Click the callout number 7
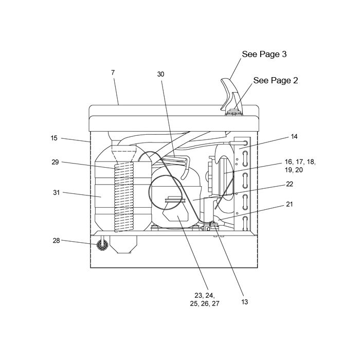click(113, 73)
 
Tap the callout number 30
click(160, 74)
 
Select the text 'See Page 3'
click(264, 54)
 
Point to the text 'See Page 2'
click(276, 80)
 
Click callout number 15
click(54, 138)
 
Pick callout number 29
click(55, 162)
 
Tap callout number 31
click(56, 192)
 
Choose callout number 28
click(56, 240)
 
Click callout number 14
click(294, 137)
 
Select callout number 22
click(290, 184)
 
